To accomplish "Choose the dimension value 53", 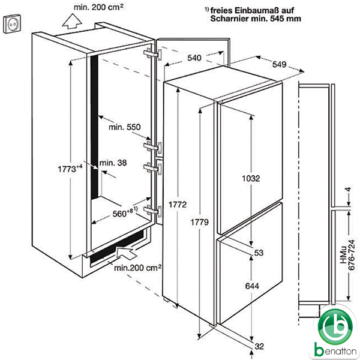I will (259, 253).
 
